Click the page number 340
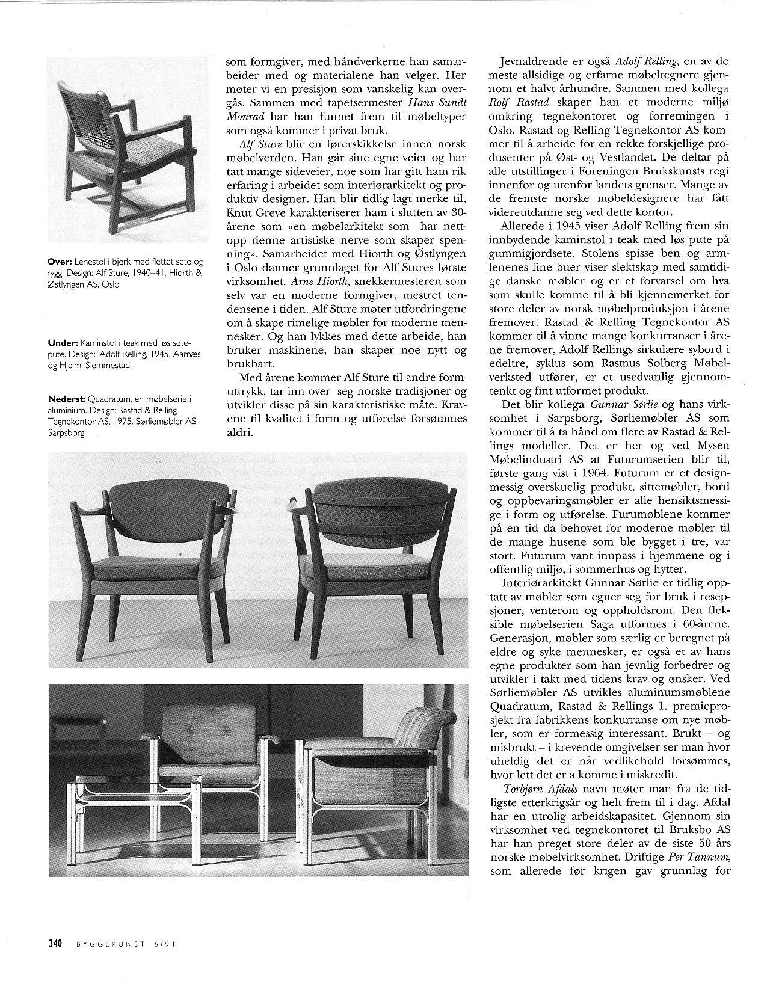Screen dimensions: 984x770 point(57,943)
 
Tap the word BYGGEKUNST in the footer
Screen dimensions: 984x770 point(112,944)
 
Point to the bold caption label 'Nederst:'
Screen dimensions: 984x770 point(67,399)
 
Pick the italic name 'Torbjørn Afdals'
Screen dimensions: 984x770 point(534,789)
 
